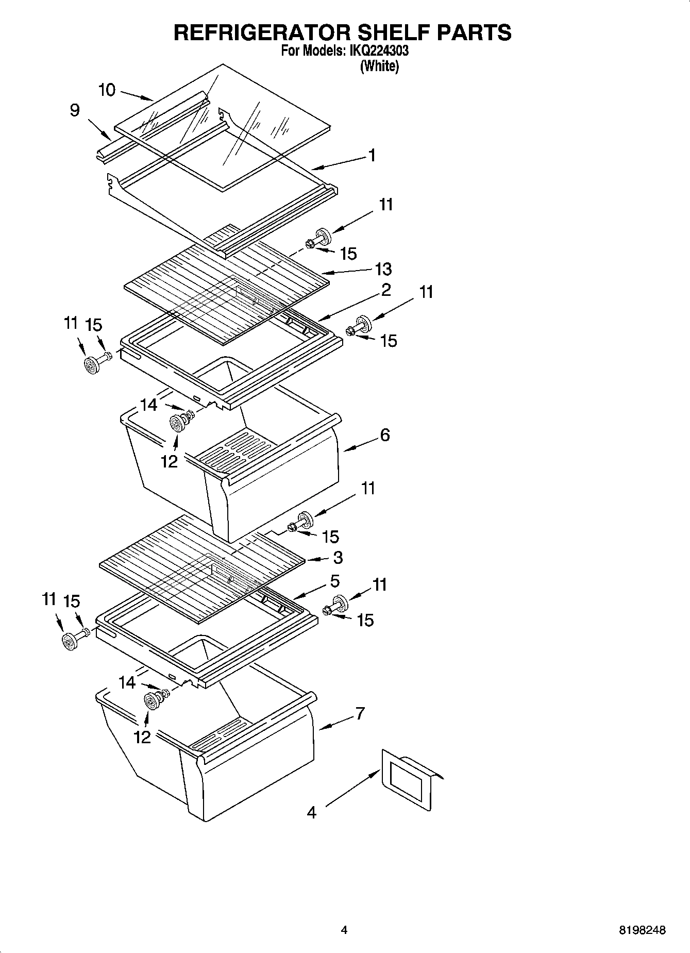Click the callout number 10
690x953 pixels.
point(107,90)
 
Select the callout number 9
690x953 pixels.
point(75,110)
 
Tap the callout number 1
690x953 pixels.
point(372,155)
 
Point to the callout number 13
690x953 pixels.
point(383,269)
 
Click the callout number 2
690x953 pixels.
point(385,290)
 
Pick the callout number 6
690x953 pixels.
point(385,435)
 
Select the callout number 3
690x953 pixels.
point(338,558)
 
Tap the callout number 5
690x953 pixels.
point(334,581)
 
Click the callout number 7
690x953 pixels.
point(360,713)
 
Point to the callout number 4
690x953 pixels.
point(311,813)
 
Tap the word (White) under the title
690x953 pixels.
point(380,66)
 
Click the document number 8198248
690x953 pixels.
point(642,930)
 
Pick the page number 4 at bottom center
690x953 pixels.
point(344,930)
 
